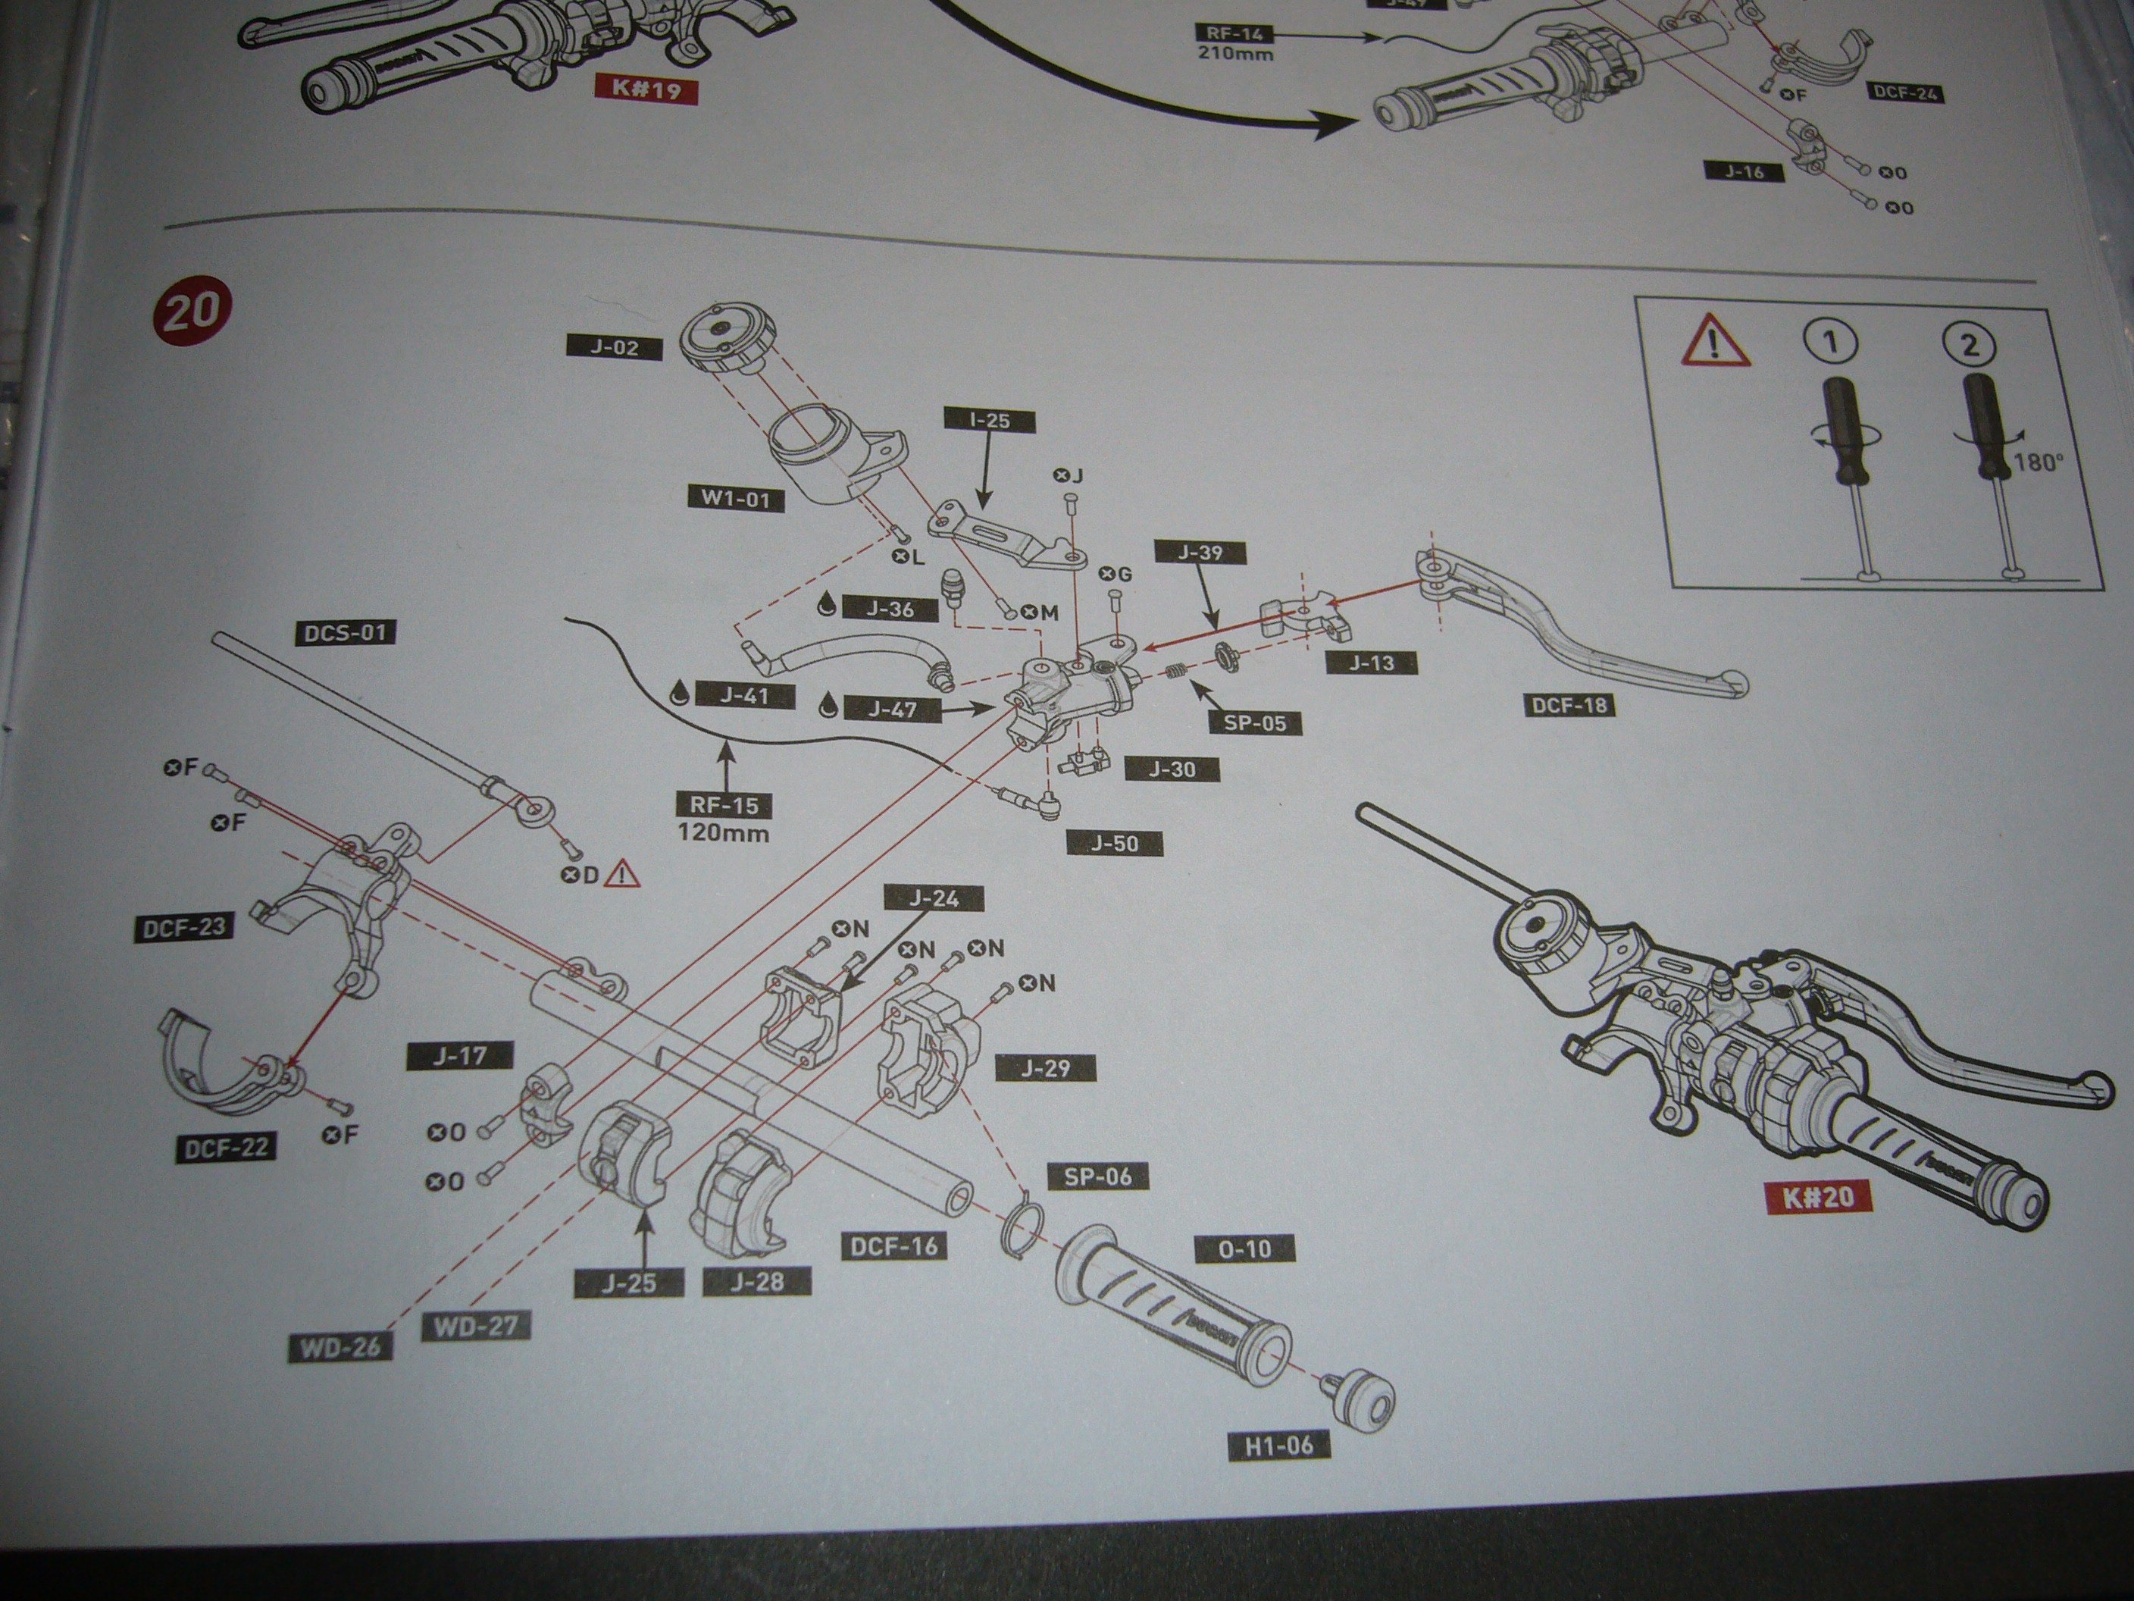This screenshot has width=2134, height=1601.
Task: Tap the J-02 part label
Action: (615, 347)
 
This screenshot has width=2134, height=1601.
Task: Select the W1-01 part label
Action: (735, 499)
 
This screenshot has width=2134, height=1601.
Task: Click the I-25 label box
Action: (990, 421)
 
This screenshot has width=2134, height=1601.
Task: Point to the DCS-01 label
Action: (344, 633)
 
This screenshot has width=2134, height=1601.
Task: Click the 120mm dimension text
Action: (724, 831)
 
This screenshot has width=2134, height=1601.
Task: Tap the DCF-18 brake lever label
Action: (1569, 706)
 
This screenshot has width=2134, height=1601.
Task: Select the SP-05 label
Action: (1255, 722)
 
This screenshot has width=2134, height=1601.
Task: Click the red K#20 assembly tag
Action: (1819, 1198)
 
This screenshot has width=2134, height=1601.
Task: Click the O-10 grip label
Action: (1244, 1249)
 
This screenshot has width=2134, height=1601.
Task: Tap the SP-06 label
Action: (1097, 1176)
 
